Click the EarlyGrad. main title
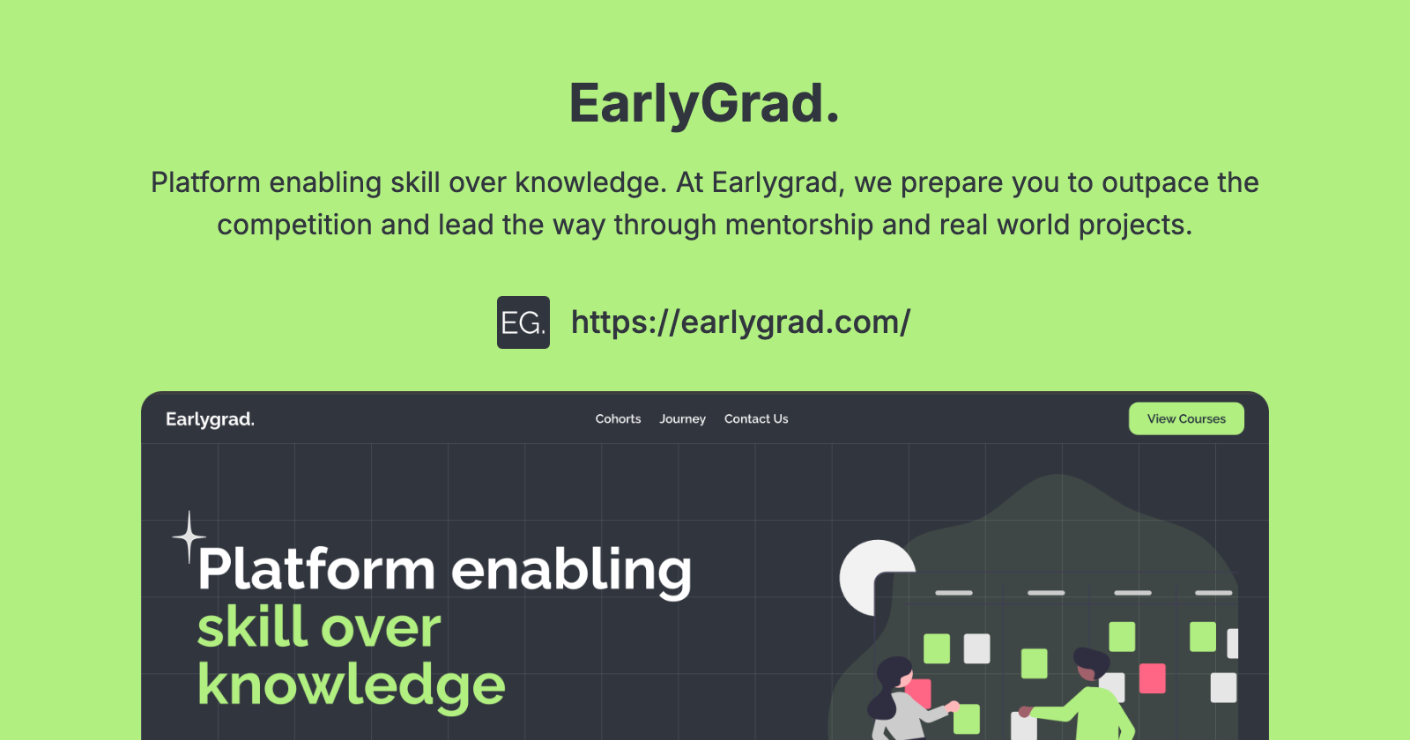704,103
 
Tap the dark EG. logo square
523,322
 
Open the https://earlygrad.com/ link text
740,322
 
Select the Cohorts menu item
618,419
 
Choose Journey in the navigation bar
682,419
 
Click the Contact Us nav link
756,419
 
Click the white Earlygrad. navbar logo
210,419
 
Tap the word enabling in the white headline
571,571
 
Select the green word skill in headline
250,627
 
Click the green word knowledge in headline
351,685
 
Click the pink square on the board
1152,678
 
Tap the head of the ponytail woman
894,674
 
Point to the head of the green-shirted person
1090,662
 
